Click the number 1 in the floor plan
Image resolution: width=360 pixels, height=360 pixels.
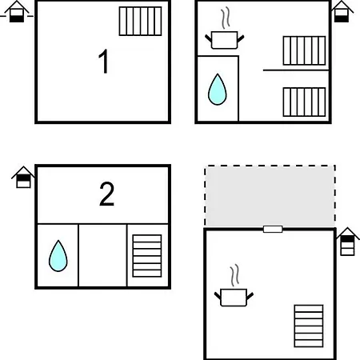tap(103, 61)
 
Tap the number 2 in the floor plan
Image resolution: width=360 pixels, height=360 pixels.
tap(106, 194)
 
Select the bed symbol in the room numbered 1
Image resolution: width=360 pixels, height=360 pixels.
tap(140, 22)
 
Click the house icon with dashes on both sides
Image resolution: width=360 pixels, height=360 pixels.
tap(17, 11)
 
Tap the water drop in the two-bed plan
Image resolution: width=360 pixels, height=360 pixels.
tap(218, 90)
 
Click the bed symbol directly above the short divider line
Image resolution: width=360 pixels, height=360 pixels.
tap(304, 50)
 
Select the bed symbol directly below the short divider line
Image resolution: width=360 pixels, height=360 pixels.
tap(304, 102)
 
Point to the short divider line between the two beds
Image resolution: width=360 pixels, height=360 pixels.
tap(296, 70)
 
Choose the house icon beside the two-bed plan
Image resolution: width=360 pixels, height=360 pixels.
tap(342, 11)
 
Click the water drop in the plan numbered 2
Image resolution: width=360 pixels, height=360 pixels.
tap(58, 256)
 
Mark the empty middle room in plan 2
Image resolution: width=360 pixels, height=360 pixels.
tap(102, 255)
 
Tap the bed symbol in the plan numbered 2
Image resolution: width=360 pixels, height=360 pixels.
tap(147, 256)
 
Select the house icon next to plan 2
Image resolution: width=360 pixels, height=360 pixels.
tap(23, 178)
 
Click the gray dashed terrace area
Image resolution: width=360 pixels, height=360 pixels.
tap(270, 196)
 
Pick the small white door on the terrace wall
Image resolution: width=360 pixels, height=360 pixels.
tap(273, 229)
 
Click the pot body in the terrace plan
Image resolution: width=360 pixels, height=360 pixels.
tap(234, 298)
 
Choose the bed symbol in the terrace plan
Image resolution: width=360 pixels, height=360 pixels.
tap(309, 326)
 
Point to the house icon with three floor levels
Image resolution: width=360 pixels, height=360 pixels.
tap(347, 242)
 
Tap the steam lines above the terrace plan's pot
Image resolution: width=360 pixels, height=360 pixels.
tap(234, 275)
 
